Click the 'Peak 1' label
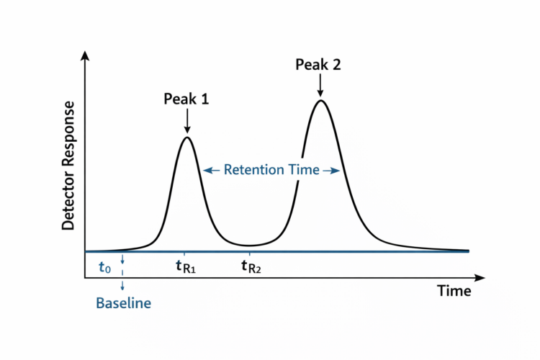[186, 99]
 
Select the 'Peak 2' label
[318, 65]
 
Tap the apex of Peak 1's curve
[187, 137]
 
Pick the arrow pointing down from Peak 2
[320, 85]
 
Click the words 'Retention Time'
[271, 170]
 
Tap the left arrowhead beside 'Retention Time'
[207, 170]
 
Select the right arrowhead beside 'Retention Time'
[335, 170]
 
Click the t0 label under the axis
[104, 267]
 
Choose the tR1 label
[186, 267]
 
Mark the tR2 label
[251, 267]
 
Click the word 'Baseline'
[123, 303]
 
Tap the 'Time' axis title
[454, 291]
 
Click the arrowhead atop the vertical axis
[86, 55]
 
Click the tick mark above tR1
[184, 254]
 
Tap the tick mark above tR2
[250, 254]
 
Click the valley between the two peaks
[248, 246]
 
